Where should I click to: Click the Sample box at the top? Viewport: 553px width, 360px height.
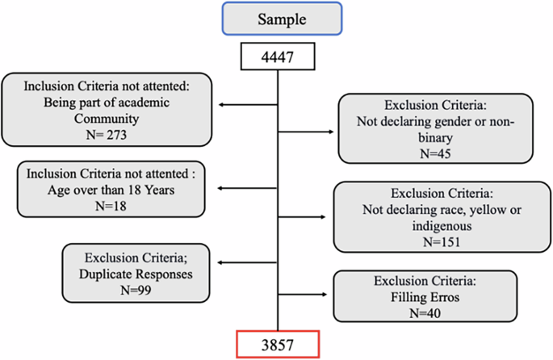[277, 19]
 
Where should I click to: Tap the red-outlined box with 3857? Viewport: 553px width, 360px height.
[276, 344]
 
